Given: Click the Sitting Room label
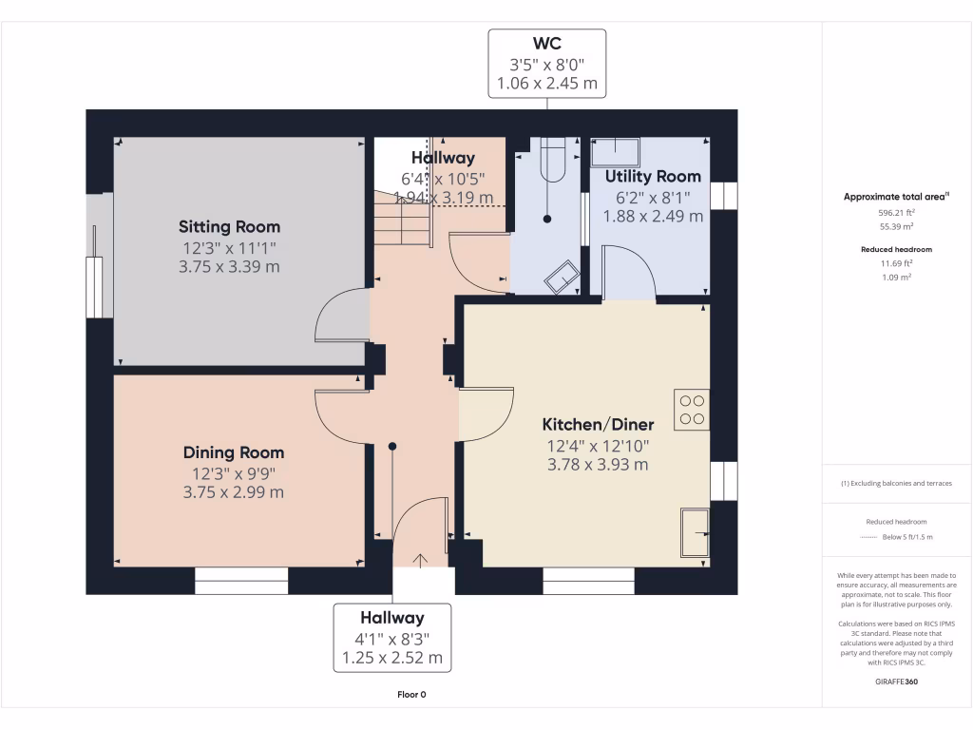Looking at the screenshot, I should tap(229, 227).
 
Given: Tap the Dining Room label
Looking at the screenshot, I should tap(233, 453).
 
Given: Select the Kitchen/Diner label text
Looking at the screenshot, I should tap(597, 425).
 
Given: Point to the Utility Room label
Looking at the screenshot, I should tap(653, 177).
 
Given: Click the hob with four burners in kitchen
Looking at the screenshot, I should tap(692, 410).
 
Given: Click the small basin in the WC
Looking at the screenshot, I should tap(561, 277).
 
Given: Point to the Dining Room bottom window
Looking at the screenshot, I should tap(241, 581).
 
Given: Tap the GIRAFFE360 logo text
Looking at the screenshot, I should tap(896, 682).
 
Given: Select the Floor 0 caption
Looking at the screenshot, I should tap(411, 695).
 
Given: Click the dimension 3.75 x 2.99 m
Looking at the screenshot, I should tap(233, 492).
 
